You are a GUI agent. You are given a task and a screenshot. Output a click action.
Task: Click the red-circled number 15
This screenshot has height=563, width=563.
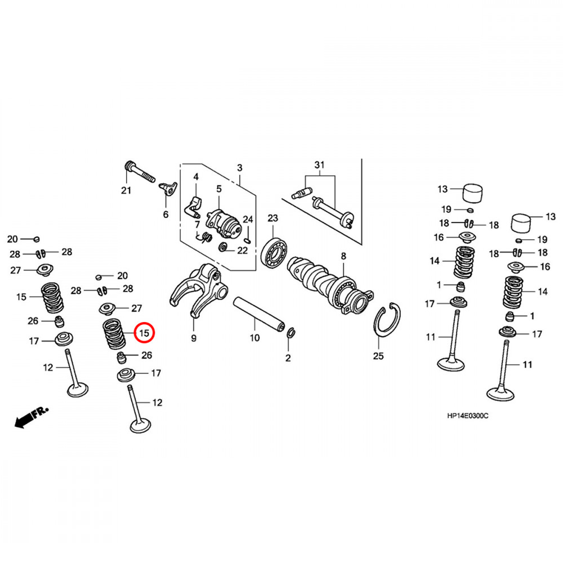coord(144,333)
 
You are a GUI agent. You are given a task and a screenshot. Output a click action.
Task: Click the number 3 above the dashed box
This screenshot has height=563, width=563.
coord(239,168)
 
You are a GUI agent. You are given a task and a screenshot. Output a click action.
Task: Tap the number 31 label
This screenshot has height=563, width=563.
coord(320,165)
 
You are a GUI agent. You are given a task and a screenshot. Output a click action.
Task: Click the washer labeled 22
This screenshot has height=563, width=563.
coord(224,248)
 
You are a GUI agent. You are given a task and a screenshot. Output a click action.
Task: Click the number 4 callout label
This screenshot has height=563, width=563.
coord(196,177)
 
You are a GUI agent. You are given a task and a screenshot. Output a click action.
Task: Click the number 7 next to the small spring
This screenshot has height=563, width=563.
coord(197,225)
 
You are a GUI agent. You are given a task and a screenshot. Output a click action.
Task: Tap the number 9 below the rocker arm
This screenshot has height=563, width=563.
coord(194,338)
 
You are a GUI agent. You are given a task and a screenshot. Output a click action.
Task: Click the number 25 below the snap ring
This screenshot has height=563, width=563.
coord(378,356)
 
